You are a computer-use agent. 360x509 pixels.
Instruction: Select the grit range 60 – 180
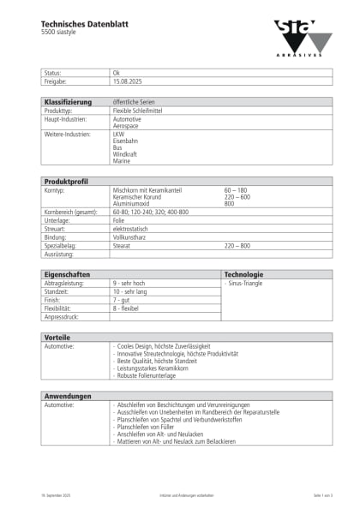236,189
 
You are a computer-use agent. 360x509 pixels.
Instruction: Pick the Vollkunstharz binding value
132,237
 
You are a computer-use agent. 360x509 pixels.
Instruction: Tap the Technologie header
243,274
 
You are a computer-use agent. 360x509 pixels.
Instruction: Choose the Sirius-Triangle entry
245,283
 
